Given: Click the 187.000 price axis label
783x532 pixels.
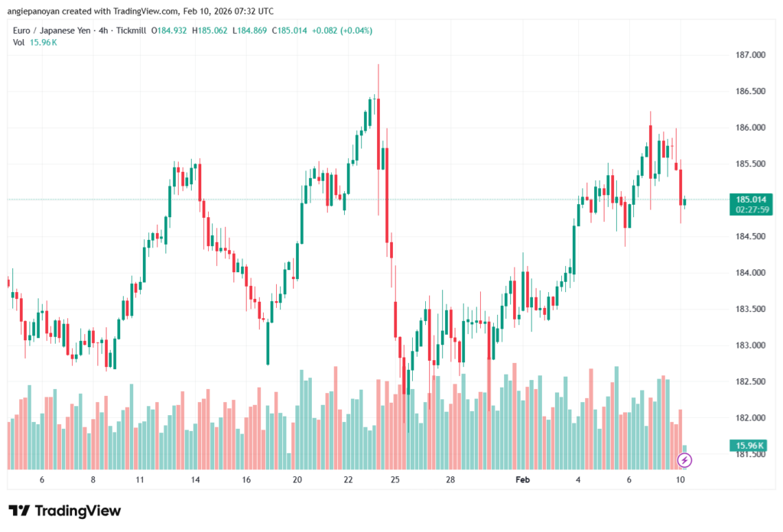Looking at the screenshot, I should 749,55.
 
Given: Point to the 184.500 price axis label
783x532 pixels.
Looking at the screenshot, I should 749,236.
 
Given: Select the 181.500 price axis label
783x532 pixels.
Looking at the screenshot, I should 749,454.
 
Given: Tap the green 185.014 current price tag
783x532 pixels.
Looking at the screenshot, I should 749,199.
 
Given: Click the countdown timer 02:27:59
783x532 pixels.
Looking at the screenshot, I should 749,209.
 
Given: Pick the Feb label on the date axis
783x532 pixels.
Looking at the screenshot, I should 522,480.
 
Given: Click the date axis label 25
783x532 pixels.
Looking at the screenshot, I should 395,480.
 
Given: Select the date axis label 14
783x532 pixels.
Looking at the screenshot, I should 196,480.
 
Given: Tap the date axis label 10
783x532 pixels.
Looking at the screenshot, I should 681,480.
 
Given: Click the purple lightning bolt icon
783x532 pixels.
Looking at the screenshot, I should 685,459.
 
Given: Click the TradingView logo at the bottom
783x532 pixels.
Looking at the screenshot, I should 65,511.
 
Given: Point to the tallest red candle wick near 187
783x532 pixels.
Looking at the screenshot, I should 379,76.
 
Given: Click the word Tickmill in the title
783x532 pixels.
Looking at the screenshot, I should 129,31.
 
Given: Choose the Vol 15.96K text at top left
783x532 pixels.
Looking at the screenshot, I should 35,42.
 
